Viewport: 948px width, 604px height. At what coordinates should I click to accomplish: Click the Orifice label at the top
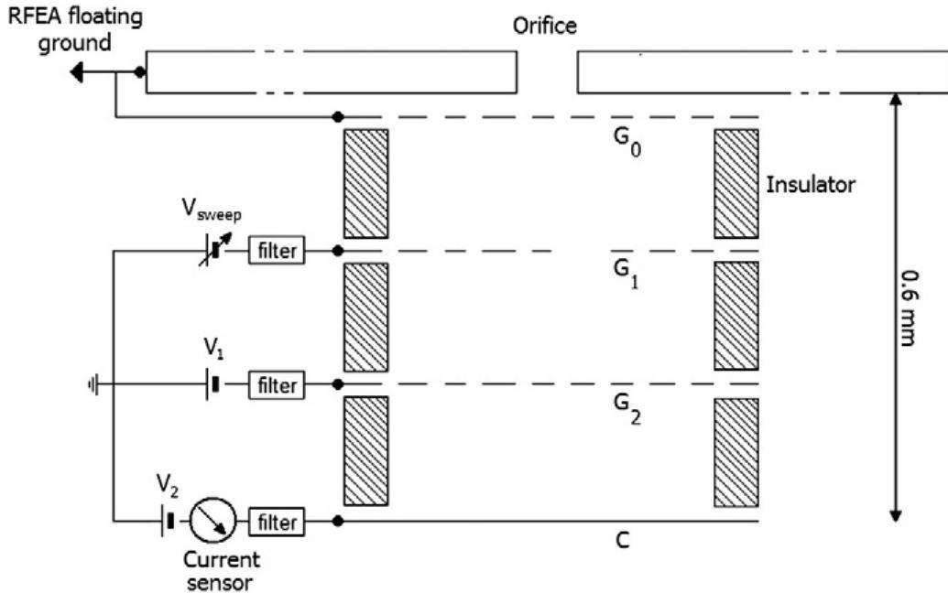pos(545,26)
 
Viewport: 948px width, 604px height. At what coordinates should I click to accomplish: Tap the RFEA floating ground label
pos(75,31)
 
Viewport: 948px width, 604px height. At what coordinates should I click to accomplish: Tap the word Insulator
pos(810,185)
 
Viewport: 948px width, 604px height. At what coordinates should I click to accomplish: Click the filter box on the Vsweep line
pos(278,250)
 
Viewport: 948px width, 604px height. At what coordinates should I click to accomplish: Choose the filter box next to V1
pos(278,385)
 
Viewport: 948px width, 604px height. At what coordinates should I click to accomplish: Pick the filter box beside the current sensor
pos(278,523)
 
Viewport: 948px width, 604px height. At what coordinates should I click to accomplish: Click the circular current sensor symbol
pos(213,523)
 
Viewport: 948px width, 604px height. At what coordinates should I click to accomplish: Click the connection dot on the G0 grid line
pos(338,116)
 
